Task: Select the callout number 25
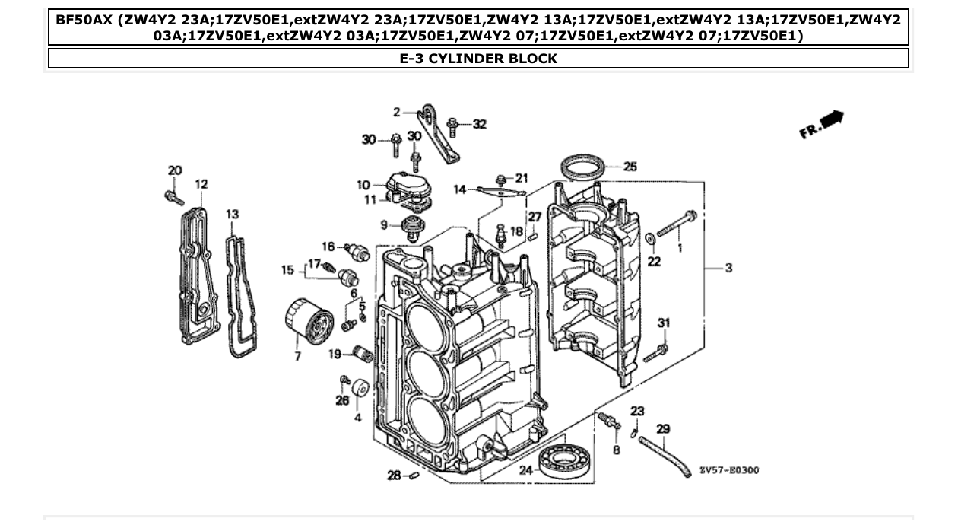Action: point(630,167)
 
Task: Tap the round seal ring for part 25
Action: point(583,167)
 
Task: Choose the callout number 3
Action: point(728,268)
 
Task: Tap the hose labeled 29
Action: point(664,454)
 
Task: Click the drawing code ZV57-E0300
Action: point(729,470)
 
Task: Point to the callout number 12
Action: point(201,184)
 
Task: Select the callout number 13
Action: point(233,215)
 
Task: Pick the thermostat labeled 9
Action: point(413,227)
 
